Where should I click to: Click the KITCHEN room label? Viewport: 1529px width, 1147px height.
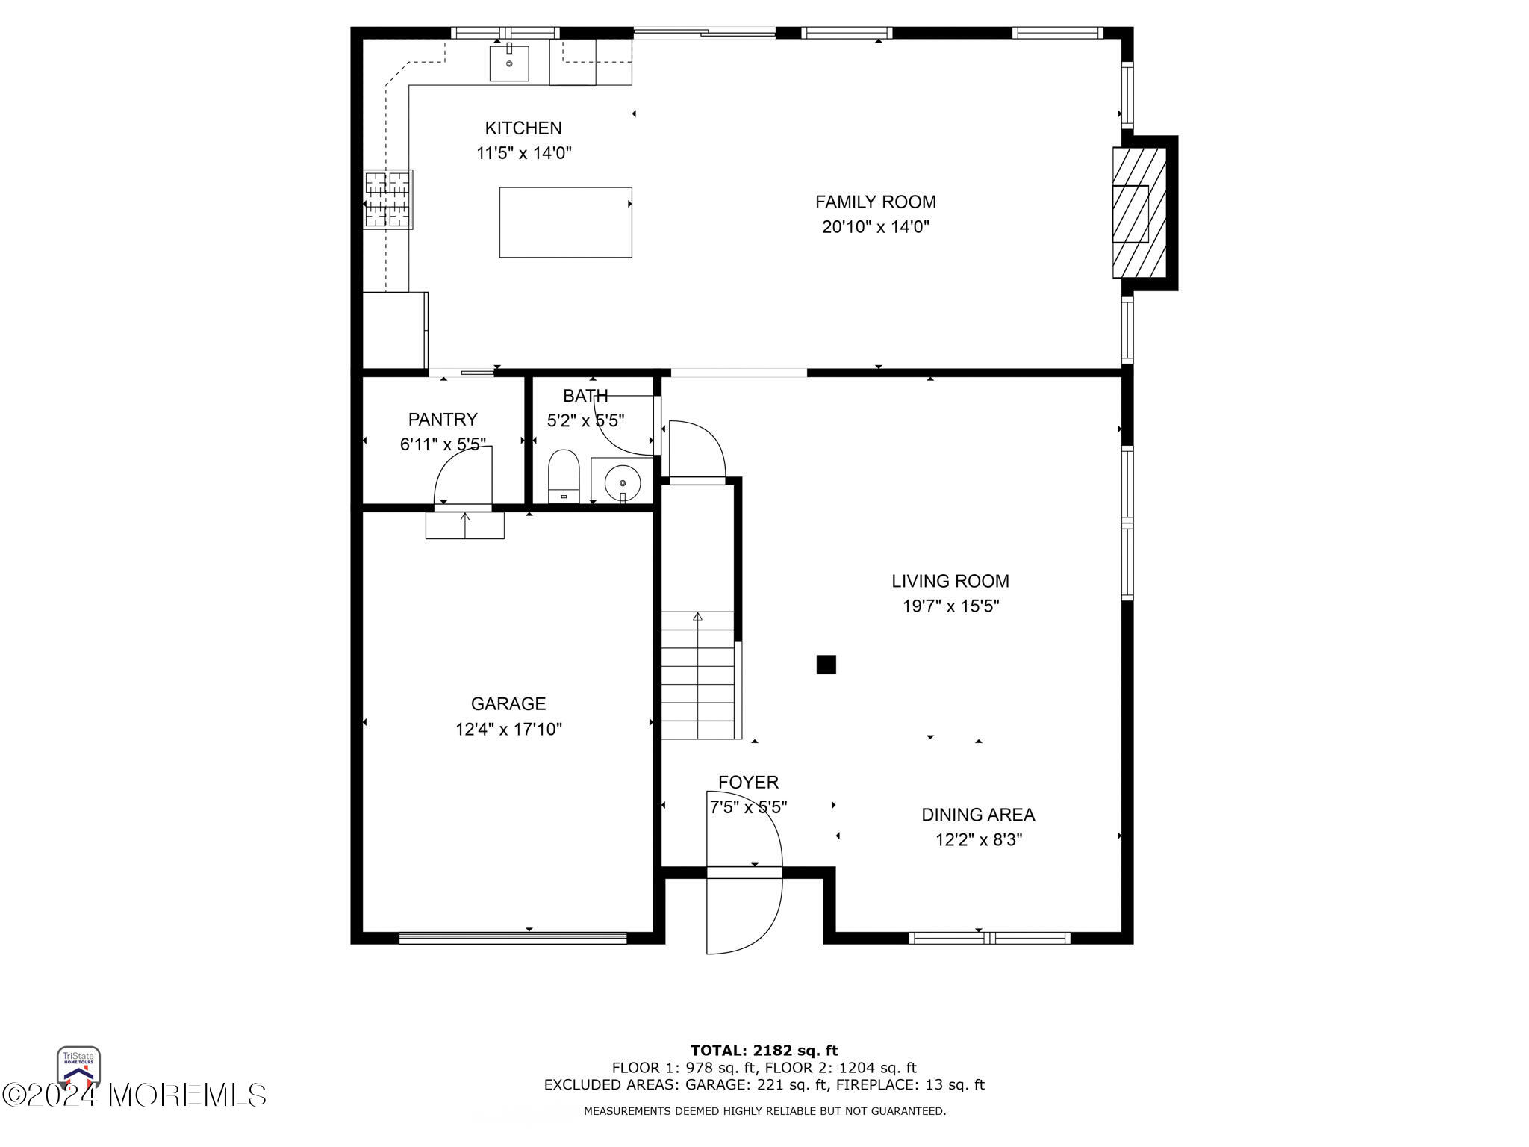523,128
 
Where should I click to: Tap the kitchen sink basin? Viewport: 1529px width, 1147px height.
509,63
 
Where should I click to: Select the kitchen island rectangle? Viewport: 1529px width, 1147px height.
565,222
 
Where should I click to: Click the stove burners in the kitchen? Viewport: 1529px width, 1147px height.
388,199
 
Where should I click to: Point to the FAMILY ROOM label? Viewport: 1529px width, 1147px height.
875,202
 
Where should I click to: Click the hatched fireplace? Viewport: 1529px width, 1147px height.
1139,212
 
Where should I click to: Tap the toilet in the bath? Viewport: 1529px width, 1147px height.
564,476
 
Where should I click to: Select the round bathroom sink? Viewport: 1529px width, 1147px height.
622,482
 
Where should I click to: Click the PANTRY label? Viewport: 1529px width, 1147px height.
443,420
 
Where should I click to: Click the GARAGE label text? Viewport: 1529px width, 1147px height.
508,703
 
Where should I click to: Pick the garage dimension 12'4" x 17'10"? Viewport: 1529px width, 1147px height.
508,729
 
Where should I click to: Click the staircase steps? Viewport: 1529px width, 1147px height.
698,675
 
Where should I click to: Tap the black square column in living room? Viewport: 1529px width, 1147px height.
826,664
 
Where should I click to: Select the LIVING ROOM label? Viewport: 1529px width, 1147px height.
950,581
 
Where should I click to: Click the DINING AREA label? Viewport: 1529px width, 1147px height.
978,815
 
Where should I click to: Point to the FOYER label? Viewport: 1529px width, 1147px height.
748,782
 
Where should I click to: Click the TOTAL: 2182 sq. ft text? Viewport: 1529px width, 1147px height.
764,1051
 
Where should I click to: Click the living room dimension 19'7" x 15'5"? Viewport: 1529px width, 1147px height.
950,606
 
